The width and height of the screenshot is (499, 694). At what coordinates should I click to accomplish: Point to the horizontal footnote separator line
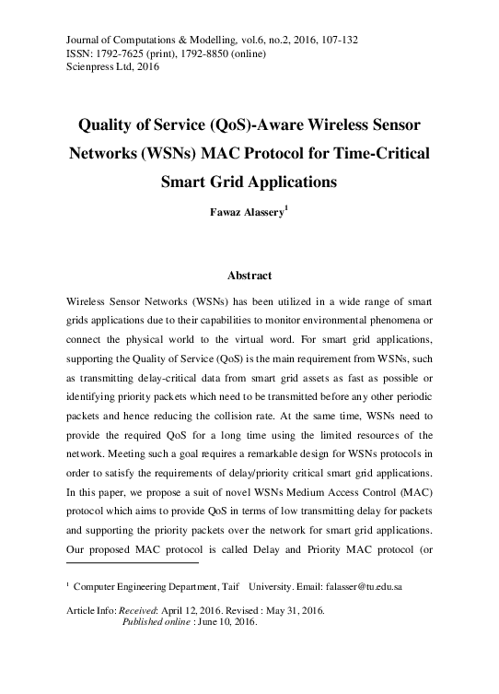(x=133, y=561)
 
